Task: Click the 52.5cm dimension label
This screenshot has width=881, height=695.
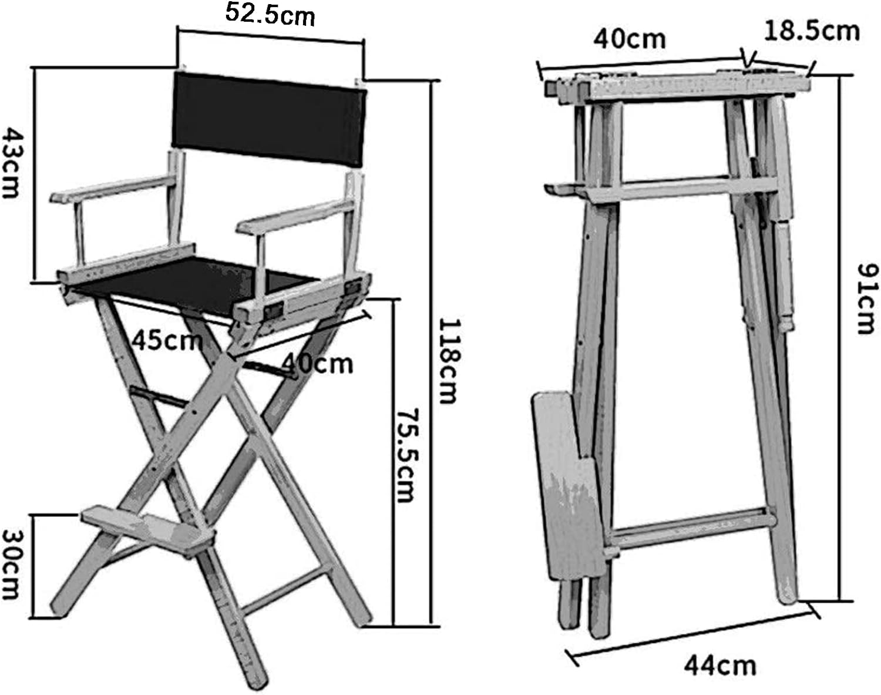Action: coord(270,14)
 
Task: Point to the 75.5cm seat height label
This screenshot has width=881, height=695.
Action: coord(408,455)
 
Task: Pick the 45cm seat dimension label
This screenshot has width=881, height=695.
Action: coord(167,341)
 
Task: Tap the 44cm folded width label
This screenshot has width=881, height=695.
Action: coord(720,666)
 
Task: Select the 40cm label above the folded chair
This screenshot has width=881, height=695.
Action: coord(630,39)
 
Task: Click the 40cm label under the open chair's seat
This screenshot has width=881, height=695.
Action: coord(317,364)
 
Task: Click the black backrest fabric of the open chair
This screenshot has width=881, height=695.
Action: coord(269,119)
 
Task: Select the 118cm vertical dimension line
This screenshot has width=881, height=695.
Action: coord(431,354)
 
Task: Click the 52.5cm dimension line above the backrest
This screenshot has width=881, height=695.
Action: coord(271,35)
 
